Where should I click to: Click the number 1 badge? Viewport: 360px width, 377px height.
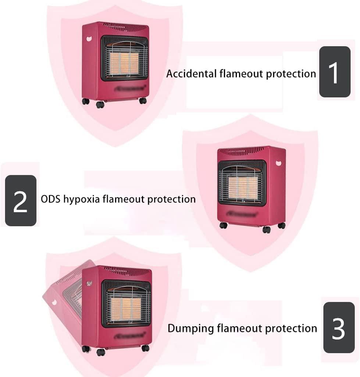pyautogui.click(x=335, y=72)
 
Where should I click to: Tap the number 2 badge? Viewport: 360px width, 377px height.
pyautogui.click(x=21, y=200)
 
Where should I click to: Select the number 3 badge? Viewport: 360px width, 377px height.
pyautogui.click(x=339, y=327)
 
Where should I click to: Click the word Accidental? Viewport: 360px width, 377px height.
pyautogui.click(x=192, y=74)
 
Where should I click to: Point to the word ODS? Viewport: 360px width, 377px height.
pyautogui.click(x=50, y=199)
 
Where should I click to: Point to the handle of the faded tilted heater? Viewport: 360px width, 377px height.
pyautogui.click(x=54, y=302)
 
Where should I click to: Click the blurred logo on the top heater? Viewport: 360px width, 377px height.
pyautogui.click(x=130, y=88)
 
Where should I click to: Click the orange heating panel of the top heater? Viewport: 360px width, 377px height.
pyautogui.click(x=124, y=63)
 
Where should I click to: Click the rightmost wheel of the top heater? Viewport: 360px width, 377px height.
pyautogui.click(x=143, y=101)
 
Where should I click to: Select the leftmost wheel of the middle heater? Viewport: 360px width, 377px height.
pyautogui.click(x=223, y=225)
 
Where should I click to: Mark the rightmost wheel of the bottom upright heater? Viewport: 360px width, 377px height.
pyautogui.click(x=145, y=348)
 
